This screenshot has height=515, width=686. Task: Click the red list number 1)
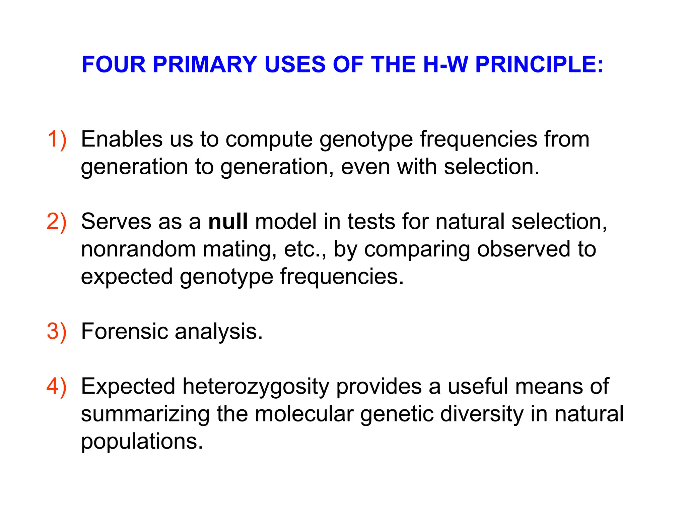tap(57, 139)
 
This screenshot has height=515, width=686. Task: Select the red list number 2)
tap(57, 222)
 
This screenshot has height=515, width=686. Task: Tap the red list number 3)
tap(57, 331)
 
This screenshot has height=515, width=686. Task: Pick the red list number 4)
tap(57, 386)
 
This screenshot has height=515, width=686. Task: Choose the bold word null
tap(228, 222)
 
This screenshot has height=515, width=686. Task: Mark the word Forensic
tap(124, 331)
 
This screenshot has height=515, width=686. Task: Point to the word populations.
tap(142, 442)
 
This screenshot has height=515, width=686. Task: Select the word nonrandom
tap(138, 250)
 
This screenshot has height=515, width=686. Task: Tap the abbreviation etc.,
tap(305, 250)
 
